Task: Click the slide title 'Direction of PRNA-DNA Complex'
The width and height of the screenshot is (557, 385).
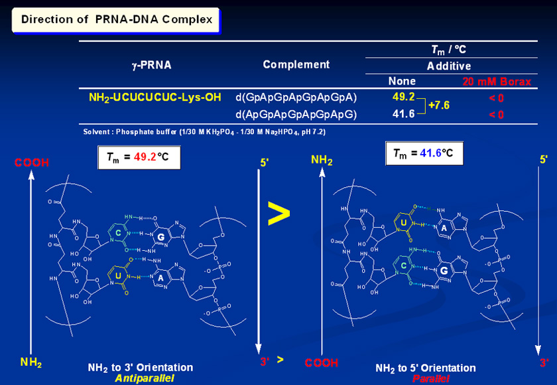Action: pos(117,19)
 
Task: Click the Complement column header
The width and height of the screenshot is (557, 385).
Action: pos(296,64)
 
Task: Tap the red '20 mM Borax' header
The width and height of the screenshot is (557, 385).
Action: pos(497,82)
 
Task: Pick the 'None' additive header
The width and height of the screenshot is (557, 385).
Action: pos(402,81)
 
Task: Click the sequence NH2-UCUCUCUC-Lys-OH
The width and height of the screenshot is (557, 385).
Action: pos(155,98)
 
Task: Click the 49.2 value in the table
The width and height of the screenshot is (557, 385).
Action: pos(403,97)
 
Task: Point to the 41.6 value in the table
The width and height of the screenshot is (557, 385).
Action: pos(403,114)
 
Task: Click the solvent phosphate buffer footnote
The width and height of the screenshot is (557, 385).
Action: pos(204,131)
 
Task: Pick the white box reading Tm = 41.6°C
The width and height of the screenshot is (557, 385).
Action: pos(424,154)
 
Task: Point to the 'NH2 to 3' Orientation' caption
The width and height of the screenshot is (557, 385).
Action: pos(141,367)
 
